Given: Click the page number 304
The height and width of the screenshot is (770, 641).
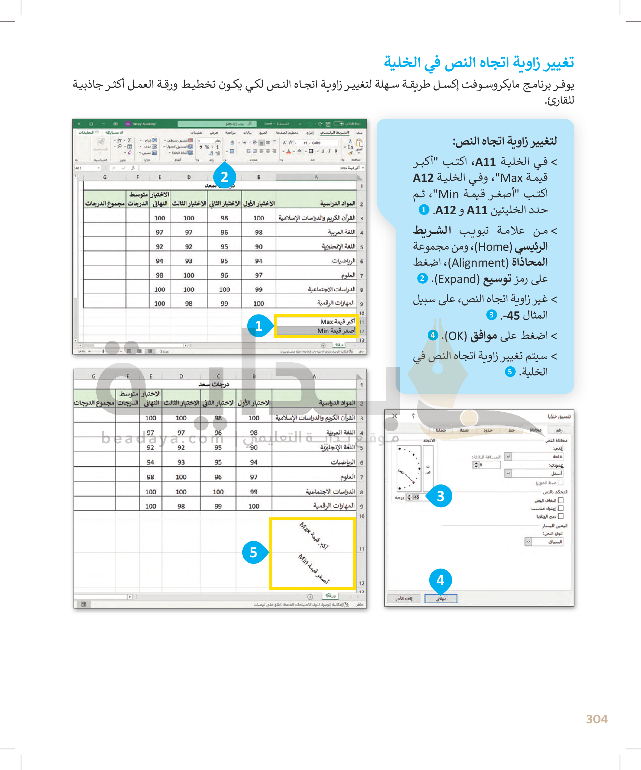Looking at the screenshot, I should coord(596,719).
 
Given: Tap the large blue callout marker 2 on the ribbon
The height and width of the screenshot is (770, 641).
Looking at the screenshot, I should coord(224,177).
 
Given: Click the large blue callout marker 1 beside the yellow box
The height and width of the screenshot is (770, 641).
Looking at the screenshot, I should coord(259,326).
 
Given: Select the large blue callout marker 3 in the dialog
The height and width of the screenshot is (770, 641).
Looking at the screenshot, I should coord(440,496).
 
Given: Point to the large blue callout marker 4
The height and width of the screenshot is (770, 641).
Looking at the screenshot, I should coord(440,580).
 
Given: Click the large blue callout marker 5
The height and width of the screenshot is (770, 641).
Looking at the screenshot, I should coord(254,552).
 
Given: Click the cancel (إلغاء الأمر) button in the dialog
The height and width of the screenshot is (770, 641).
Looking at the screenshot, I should coord(403,599).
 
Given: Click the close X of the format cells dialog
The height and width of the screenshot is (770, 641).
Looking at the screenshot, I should coord(394,416).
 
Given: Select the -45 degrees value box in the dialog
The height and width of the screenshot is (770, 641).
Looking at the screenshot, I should coord(416,497).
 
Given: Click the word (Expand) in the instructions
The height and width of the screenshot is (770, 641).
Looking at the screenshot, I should coord(456,279).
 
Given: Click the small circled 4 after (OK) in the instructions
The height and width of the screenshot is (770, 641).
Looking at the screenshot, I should coord(433,335).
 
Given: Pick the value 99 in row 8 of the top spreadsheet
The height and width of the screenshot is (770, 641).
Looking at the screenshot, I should coord(259,289).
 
